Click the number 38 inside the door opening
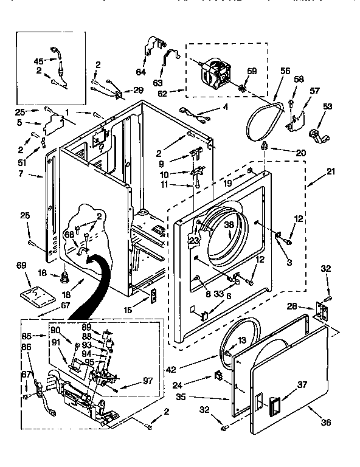pos(229,224)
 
